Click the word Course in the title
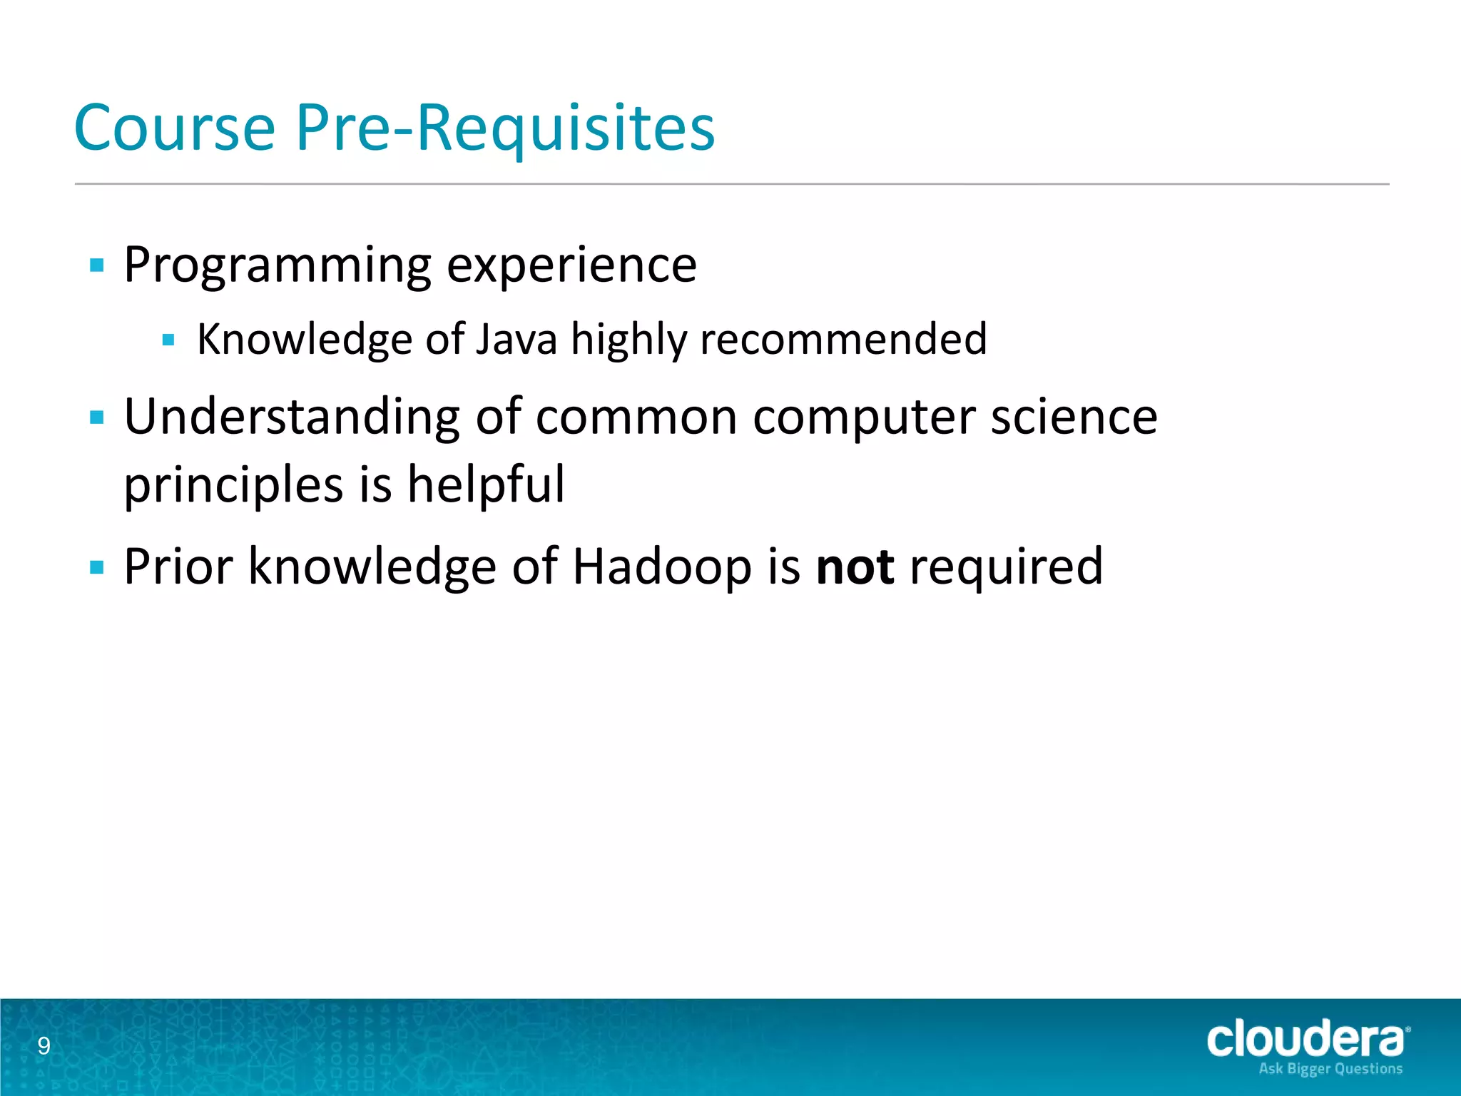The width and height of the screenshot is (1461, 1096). coord(175,128)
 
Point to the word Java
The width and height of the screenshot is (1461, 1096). coord(516,339)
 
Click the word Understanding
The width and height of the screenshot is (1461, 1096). coord(292,418)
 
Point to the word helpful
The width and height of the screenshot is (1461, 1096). coord(486,485)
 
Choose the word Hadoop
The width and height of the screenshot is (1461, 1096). coord(662,567)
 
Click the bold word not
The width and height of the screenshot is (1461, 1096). coord(855,567)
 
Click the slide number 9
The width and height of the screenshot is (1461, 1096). coord(44,1046)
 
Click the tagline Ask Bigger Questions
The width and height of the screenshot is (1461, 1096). coord(1330,1069)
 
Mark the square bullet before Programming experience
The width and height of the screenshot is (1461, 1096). coord(97,266)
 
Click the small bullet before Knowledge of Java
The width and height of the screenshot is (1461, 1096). coord(168,340)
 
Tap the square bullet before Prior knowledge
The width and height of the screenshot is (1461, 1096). coord(97,568)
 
